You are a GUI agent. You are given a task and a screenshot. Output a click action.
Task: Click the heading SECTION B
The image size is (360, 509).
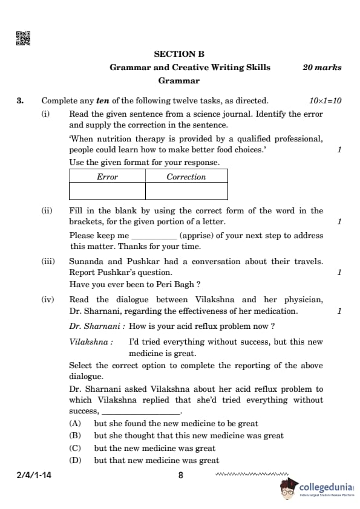179,54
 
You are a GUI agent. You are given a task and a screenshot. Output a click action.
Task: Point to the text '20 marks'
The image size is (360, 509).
322,68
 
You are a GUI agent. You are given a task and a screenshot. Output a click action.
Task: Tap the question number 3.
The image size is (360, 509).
21,101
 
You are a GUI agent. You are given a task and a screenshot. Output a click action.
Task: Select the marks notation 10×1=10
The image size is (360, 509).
325,101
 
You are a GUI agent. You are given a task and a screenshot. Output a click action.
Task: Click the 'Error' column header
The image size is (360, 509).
107,177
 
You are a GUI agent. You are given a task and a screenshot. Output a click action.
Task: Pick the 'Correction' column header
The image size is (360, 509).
186,177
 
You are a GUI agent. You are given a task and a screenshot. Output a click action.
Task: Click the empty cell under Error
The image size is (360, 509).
107,191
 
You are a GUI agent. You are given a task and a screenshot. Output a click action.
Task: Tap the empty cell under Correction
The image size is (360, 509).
186,191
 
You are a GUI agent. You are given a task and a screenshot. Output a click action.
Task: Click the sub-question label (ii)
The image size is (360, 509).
47,211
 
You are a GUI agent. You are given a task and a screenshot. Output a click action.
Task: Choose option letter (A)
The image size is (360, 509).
76,424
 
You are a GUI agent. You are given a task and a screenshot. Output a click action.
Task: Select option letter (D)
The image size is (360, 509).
76,461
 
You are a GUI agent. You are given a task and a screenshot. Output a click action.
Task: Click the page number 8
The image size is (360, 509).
180,476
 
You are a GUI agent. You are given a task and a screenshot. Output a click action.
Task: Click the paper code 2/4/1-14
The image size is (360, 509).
34,476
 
